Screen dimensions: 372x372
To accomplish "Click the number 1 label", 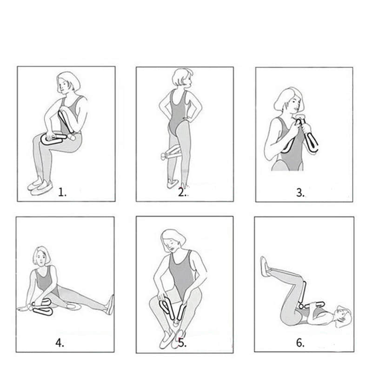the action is pyautogui.click(x=62, y=192).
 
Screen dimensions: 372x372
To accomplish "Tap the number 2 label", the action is pyautogui.click(x=182, y=192).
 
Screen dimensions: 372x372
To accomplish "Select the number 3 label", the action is pyautogui.click(x=300, y=193).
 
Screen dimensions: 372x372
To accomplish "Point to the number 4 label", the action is pyautogui.click(x=60, y=343).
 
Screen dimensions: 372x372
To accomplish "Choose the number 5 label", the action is pyautogui.click(x=182, y=343).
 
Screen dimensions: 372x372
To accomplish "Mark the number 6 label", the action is pyautogui.click(x=300, y=343).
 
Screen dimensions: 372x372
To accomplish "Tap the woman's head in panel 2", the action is pyautogui.click(x=182, y=78).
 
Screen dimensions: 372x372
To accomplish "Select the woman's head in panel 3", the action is pyautogui.click(x=289, y=100).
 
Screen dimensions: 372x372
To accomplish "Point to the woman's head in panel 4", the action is pyautogui.click(x=42, y=256).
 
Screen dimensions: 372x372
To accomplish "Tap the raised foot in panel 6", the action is pyautogui.click(x=265, y=266).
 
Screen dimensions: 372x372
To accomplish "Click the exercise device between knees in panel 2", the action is pyautogui.click(x=171, y=153).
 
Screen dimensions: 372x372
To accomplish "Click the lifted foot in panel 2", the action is pyautogui.click(x=173, y=184).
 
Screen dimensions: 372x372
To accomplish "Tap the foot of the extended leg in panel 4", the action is pyautogui.click(x=111, y=305).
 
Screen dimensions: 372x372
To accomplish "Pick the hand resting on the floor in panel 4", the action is pyautogui.click(x=23, y=308).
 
